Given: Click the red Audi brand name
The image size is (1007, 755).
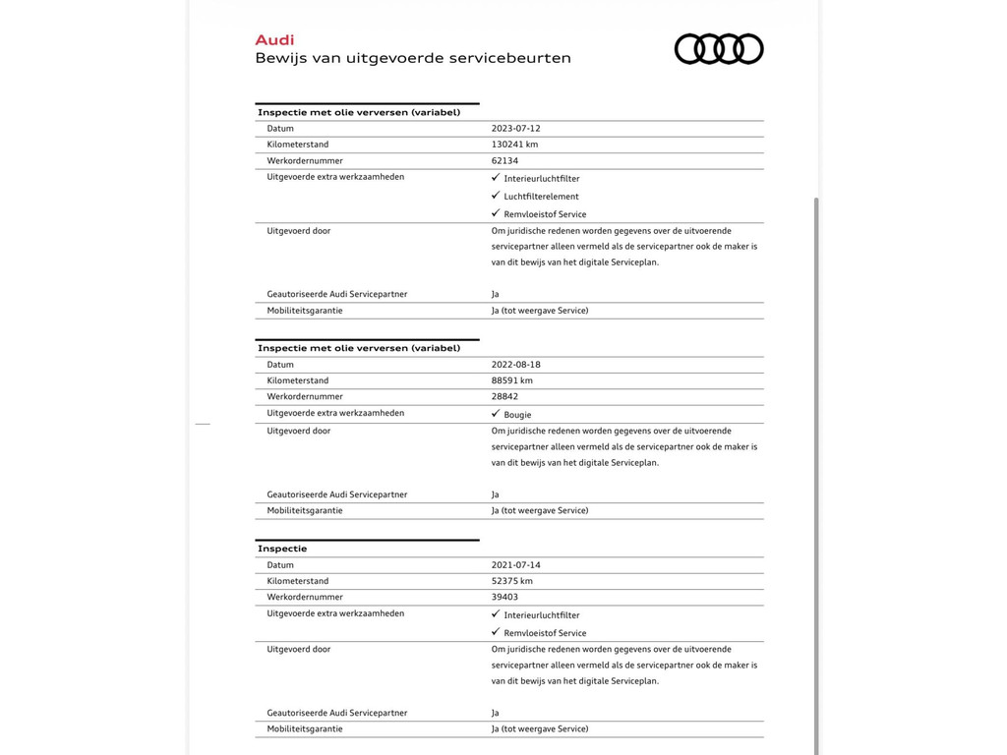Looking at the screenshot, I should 274,40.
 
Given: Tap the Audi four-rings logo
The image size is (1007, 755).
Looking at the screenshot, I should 719,49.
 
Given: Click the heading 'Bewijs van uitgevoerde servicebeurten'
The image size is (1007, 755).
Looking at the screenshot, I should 413,58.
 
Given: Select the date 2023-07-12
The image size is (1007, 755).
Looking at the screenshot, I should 516,129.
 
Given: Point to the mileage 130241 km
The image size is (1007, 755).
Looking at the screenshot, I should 514,145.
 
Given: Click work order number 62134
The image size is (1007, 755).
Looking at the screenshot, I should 504,161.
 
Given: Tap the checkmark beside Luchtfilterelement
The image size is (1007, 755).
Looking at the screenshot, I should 496,196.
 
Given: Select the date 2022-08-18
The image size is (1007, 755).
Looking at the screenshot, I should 516,365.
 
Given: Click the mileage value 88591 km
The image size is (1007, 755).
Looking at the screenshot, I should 512,380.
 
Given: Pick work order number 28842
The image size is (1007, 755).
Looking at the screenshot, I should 504,397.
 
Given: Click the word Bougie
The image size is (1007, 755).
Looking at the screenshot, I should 517,415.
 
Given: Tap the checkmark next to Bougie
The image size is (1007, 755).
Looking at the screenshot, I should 496,414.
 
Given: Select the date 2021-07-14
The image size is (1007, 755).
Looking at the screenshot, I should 516,565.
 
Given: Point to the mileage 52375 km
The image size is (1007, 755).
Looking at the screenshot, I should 512,581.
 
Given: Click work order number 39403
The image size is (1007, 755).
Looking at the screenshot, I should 504,598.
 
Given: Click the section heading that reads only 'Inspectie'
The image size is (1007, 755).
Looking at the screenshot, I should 282,549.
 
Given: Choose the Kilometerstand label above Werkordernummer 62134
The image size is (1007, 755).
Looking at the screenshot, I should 298,145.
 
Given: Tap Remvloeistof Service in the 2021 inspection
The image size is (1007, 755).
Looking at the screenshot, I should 545,633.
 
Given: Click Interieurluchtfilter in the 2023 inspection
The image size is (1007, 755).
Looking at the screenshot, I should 542,179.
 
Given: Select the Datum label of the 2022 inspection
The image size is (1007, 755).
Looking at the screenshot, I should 280,365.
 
